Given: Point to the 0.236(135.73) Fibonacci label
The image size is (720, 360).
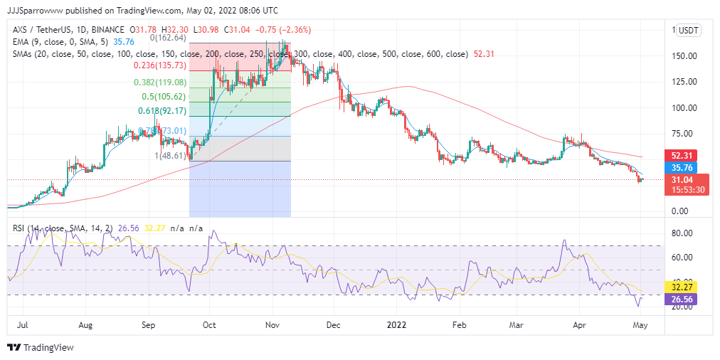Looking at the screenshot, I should (160, 65).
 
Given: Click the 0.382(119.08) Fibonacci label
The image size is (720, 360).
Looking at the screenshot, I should (160, 82).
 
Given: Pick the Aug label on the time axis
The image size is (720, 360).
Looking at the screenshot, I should (85, 324).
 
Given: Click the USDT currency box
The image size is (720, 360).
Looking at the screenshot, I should (688, 30).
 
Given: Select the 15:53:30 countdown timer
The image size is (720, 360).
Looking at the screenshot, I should (687, 190).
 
